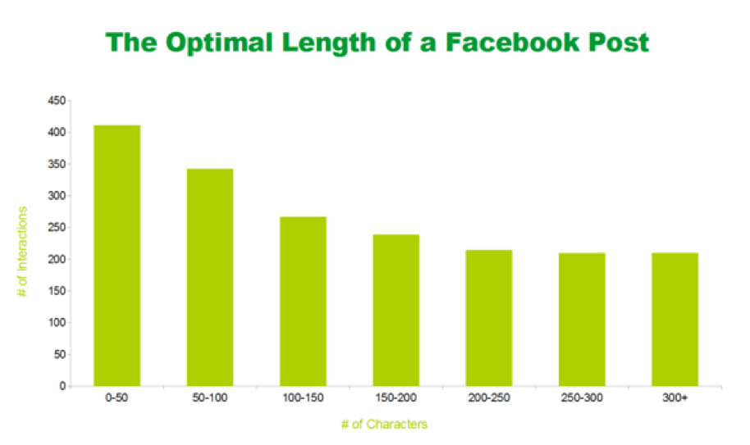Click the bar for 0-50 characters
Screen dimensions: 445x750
117,255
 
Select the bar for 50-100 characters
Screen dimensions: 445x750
210,277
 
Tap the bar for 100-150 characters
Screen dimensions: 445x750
303,301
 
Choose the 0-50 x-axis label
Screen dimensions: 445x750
117,399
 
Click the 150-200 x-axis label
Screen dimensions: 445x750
396,399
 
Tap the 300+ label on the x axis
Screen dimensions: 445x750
675,399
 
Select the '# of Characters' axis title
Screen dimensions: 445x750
385,425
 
